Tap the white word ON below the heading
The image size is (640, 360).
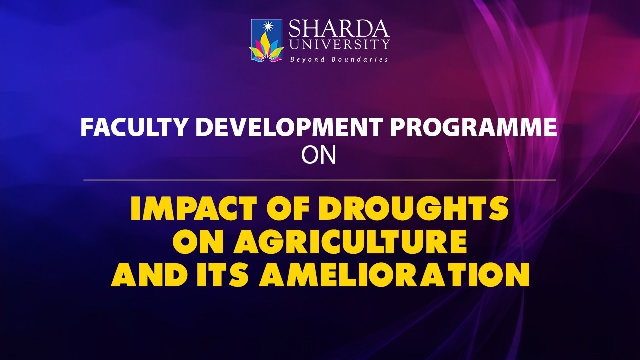[319, 156]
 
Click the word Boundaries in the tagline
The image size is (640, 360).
[363, 59]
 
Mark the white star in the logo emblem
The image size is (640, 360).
[266, 28]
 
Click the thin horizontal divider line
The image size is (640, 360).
[320, 180]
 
